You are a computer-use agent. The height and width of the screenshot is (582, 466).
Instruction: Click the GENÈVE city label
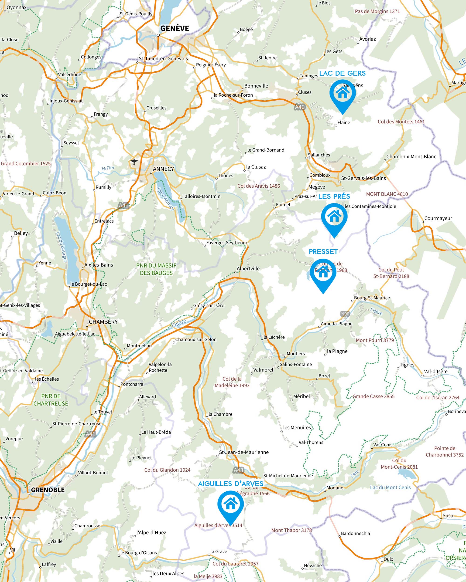175,28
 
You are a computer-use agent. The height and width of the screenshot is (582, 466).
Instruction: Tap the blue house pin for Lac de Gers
342,93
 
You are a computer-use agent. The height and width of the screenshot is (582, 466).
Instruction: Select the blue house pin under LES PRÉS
334,216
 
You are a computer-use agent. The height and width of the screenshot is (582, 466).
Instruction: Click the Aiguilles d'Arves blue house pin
230,504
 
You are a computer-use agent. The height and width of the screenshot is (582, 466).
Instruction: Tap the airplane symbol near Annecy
134,162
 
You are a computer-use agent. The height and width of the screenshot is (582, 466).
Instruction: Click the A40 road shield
300,107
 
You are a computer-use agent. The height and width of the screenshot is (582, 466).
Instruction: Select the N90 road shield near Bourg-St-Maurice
345,314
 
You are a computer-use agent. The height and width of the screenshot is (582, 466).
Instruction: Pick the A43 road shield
238,470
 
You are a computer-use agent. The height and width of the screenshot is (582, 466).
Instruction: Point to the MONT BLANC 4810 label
387,194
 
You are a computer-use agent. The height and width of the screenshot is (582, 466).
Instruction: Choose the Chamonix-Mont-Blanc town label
411,157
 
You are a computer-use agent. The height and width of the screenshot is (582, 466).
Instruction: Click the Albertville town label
248,269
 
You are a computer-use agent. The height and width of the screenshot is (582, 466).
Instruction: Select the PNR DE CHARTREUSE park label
51,400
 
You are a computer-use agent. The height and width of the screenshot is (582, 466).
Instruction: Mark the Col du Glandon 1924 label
167,470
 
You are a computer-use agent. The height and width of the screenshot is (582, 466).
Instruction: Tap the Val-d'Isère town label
435,372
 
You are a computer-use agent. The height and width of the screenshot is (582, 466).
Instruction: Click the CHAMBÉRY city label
103,322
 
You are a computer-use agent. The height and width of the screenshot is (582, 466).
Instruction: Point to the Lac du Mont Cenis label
390,487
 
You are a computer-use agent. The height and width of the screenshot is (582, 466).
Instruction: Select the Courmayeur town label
438,218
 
